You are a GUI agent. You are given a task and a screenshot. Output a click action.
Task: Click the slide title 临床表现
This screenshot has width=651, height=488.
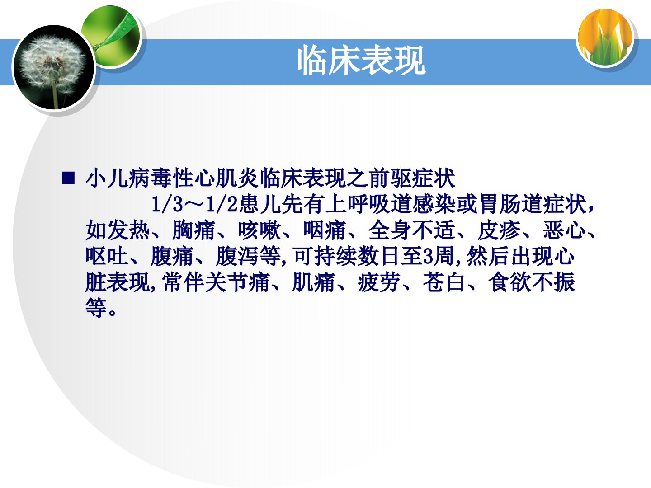[x=361, y=61]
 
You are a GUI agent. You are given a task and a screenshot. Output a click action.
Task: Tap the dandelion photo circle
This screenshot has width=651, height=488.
[x=53, y=68]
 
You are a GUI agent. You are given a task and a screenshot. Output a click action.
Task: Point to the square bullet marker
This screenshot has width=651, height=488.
[x=68, y=178]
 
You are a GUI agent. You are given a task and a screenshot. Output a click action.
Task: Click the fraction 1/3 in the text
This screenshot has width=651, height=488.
[x=167, y=204]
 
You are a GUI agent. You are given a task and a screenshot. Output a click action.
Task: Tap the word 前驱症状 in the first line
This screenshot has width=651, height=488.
[x=412, y=178]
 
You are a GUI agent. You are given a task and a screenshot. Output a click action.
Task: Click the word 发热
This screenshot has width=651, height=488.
[x=129, y=230]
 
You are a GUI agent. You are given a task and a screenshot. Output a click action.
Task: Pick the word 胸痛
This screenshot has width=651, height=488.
[x=194, y=230]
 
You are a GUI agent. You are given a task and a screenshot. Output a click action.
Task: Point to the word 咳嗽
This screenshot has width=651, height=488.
[x=259, y=230]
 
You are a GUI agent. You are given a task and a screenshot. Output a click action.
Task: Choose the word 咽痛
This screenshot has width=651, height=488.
[x=325, y=230]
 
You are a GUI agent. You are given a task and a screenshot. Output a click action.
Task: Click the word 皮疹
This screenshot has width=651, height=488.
[x=499, y=230]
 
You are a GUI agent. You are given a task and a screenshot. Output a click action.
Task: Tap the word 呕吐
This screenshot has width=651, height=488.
[x=107, y=256]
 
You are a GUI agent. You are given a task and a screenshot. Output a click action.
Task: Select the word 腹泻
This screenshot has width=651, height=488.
[x=237, y=256]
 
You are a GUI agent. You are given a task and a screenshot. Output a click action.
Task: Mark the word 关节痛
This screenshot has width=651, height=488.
[x=237, y=282]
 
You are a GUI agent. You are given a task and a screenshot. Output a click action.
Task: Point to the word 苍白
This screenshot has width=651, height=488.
[x=444, y=282]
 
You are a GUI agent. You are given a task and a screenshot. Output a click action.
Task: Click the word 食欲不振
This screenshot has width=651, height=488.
[x=532, y=282]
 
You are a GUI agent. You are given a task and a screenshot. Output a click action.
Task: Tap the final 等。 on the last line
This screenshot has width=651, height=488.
[x=101, y=308]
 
